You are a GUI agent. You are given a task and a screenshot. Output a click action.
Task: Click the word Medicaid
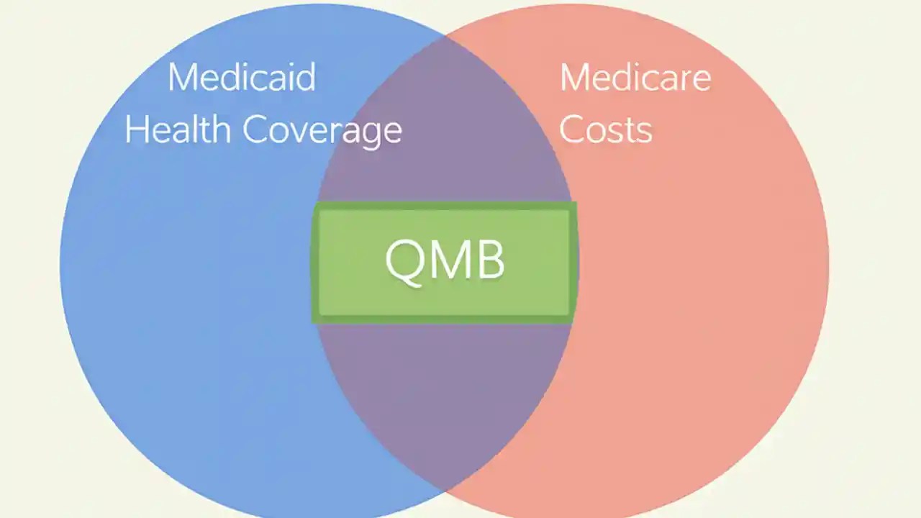[x=242, y=77]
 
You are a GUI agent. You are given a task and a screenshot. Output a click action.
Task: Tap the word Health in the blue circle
[x=177, y=130]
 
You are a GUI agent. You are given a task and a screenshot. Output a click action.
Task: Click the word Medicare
[x=635, y=77]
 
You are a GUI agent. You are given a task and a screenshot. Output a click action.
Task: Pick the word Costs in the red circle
[x=606, y=130]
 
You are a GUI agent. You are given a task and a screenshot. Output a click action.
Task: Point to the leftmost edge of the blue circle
[x=60, y=263]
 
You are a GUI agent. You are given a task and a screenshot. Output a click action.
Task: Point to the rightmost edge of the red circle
[x=829, y=263]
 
